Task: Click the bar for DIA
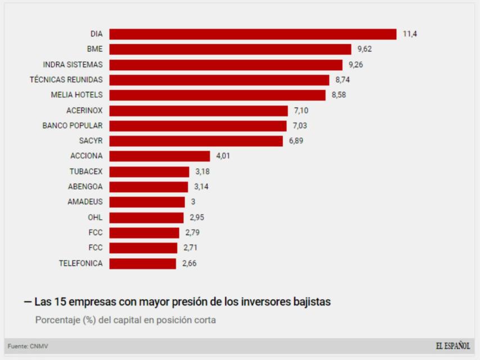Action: (x=252, y=34)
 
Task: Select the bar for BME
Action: (x=230, y=49)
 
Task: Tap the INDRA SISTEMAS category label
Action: (x=73, y=65)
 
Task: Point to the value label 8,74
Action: (x=343, y=80)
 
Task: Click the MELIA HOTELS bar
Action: (x=217, y=95)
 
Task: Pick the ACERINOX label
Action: (x=84, y=110)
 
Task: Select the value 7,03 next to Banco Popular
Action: (x=300, y=125)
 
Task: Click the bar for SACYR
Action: (x=196, y=141)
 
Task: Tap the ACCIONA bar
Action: (x=159, y=156)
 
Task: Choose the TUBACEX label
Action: (x=86, y=172)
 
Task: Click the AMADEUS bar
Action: (x=147, y=202)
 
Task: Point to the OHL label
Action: (x=96, y=217)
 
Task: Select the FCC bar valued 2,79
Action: (x=144, y=232)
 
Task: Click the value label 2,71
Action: (x=191, y=247)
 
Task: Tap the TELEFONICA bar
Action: (x=142, y=263)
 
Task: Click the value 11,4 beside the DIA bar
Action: (x=410, y=34)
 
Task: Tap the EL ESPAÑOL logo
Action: (x=452, y=345)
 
